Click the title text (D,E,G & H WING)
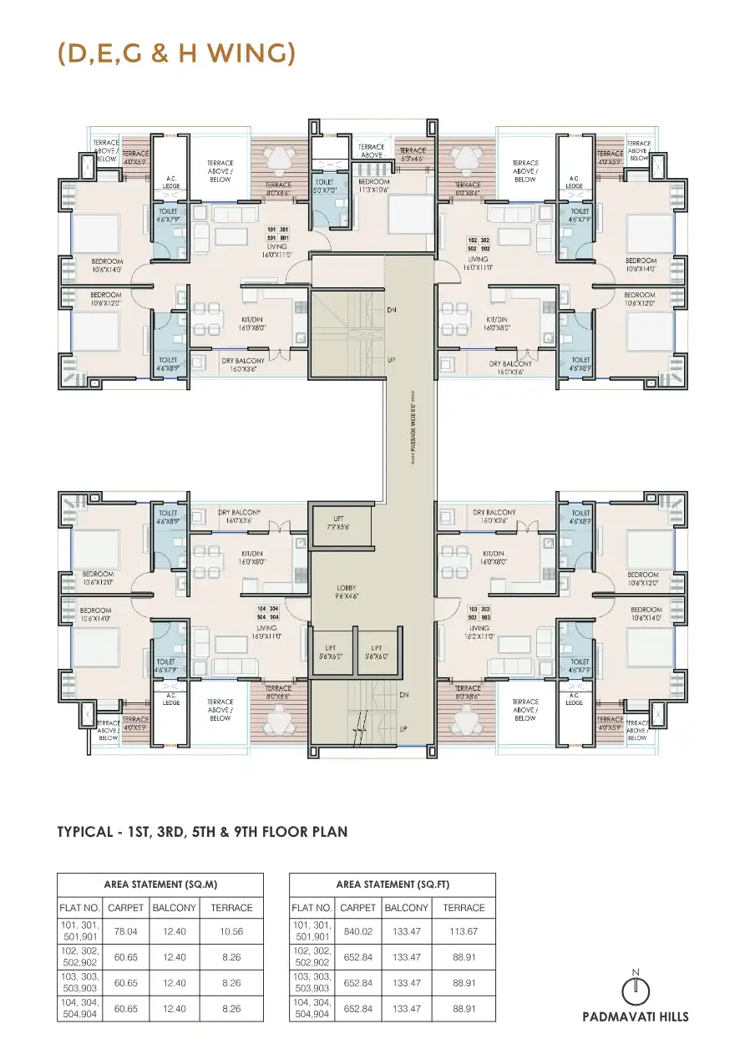(176, 53)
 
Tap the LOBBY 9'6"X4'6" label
(346, 592)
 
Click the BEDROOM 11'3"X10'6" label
(373, 185)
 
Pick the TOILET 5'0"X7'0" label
(324, 185)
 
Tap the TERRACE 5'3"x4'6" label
(412, 155)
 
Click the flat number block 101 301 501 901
(277, 233)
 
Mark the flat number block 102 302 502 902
(479, 244)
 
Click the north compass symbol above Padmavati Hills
(636, 989)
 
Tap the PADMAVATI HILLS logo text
(636, 1017)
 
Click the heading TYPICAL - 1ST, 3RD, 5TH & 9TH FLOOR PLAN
(202, 832)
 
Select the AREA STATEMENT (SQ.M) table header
(160, 884)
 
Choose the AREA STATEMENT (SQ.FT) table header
(392, 884)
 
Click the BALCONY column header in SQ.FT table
(407, 908)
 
